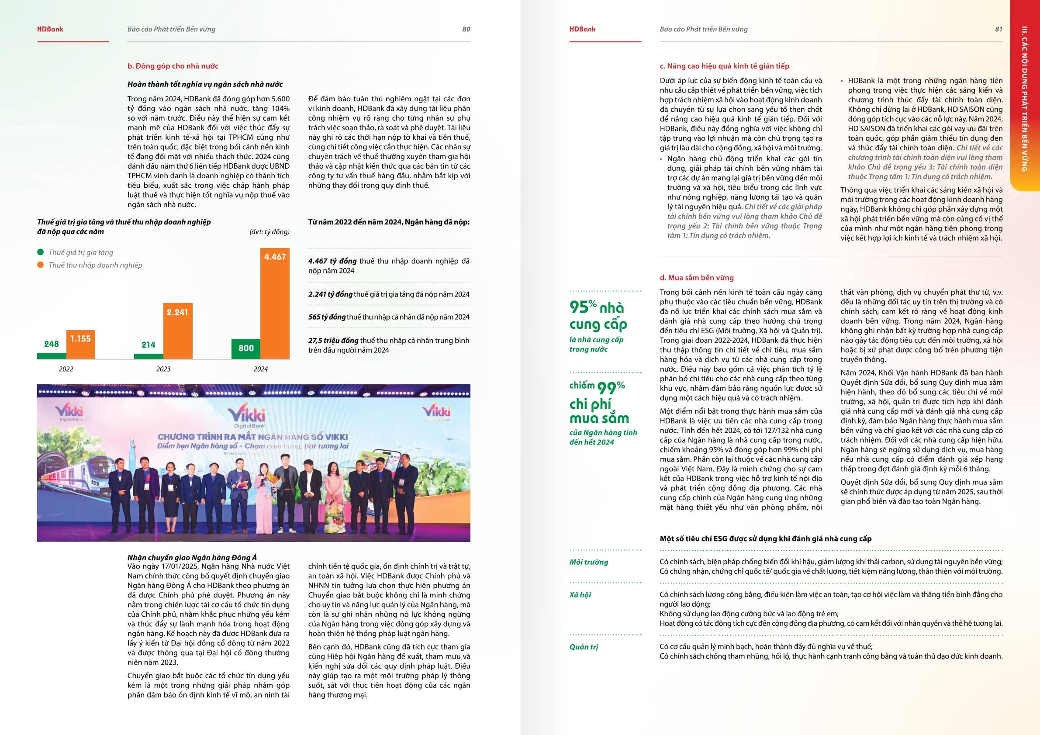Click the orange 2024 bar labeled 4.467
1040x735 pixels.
[x=274, y=304]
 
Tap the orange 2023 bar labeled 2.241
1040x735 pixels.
[x=178, y=331]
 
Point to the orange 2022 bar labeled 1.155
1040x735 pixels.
[x=81, y=344]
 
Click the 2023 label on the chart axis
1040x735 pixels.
[x=163, y=369]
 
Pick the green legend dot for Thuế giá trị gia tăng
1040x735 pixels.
[x=41, y=252]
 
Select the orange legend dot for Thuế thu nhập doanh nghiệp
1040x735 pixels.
[x=41, y=265]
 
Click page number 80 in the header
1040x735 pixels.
[x=466, y=29]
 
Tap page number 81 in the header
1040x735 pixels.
[x=999, y=29]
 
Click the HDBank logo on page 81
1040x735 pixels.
[x=582, y=29]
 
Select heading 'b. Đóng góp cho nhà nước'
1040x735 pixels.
[x=173, y=66]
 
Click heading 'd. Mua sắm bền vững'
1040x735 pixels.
[x=696, y=278]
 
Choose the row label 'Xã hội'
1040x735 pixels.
[x=580, y=595]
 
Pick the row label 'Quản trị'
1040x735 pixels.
[x=584, y=647]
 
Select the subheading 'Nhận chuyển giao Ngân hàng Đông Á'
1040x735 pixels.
[x=192, y=558]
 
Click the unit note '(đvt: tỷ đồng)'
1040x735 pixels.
[x=269, y=232]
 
